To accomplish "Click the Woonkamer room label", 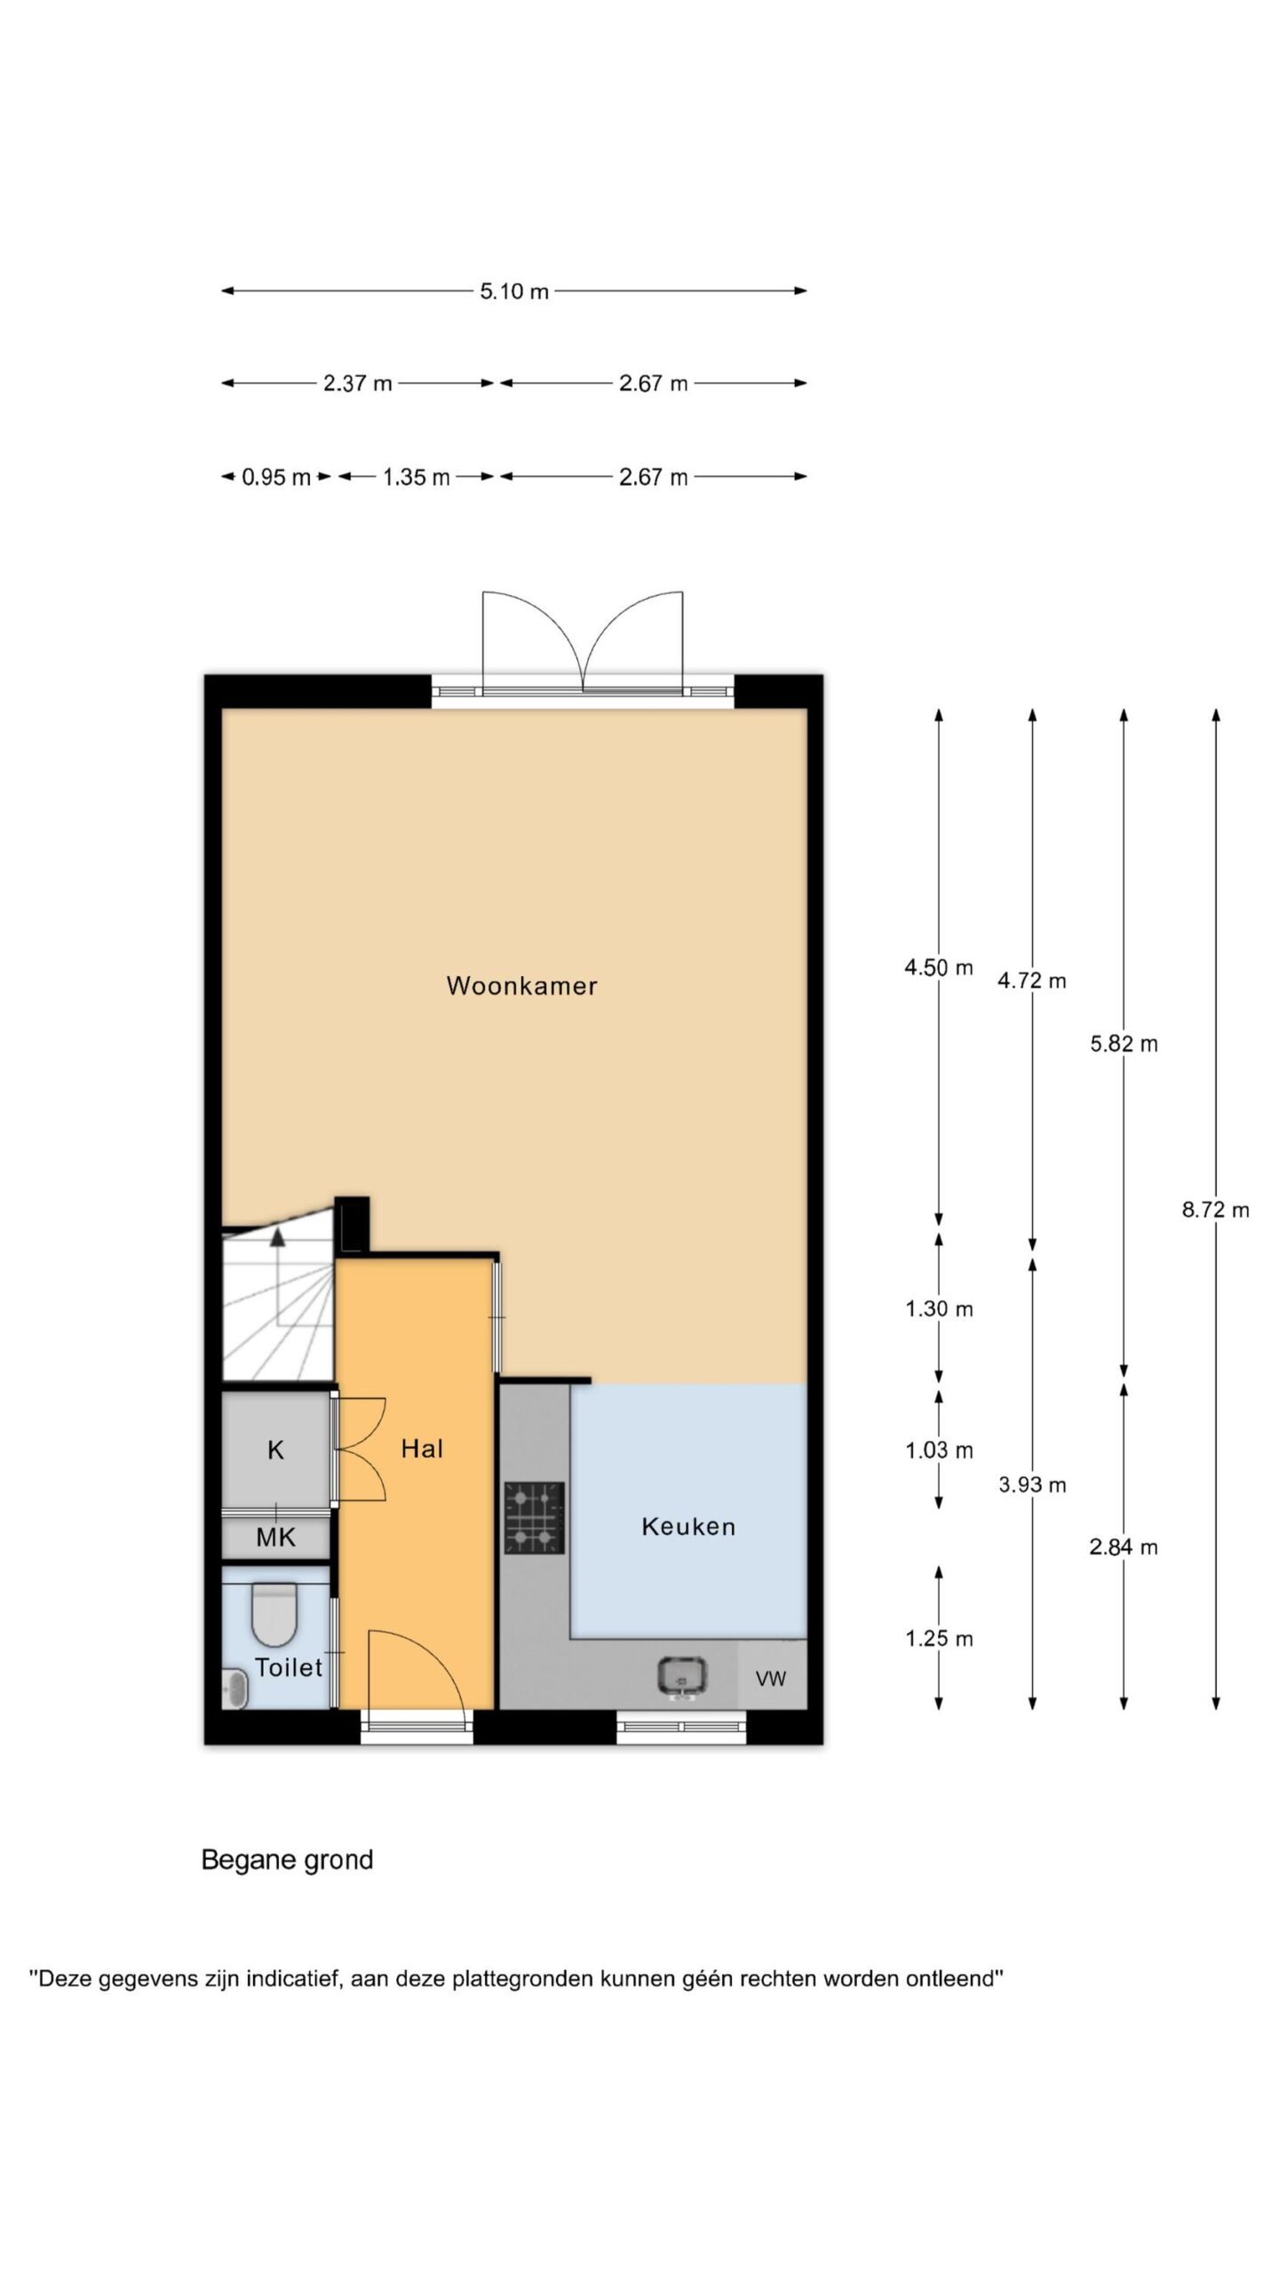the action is pyautogui.click(x=521, y=985).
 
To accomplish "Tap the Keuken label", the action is pyautogui.click(x=688, y=1526).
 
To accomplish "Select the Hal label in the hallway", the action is pyautogui.click(x=422, y=1449).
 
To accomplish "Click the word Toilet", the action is pyautogui.click(x=289, y=1667).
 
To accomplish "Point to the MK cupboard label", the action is pyautogui.click(x=275, y=1538).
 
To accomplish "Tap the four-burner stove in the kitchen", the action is pyautogui.click(x=535, y=1518).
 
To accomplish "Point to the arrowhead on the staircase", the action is pyautogui.click(x=278, y=1234).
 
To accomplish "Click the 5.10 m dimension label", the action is pyautogui.click(x=514, y=290).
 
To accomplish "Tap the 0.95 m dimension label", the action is pyautogui.click(x=276, y=477).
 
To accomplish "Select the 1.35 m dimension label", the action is pyautogui.click(x=417, y=477).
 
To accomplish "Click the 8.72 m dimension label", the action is pyautogui.click(x=1215, y=1209).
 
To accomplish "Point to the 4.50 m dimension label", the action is pyautogui.click(x=939, y=967).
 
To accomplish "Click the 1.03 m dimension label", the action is pyautogui.click(x=939, y=1450).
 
